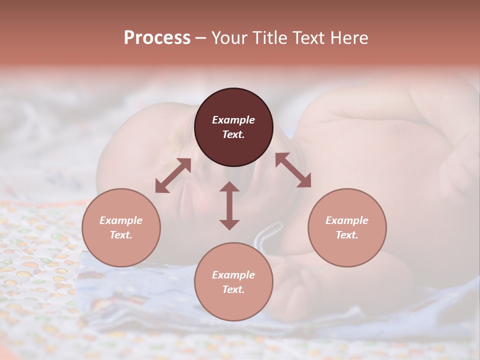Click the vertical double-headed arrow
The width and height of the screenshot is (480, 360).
point(229,205)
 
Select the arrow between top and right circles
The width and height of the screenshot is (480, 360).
point(293,170)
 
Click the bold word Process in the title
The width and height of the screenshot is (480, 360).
point(157,38)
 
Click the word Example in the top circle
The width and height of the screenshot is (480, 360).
point(233,120)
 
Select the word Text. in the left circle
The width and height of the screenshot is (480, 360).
point(121,235)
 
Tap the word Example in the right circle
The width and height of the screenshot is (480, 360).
point(347,220)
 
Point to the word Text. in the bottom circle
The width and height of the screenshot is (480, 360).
point(233,289)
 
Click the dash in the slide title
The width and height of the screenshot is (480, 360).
point(200,38)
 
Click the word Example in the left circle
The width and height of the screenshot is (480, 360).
point(121,220)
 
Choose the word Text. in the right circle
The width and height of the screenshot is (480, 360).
point(347,235)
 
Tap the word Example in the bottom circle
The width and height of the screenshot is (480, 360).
point(233,275)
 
